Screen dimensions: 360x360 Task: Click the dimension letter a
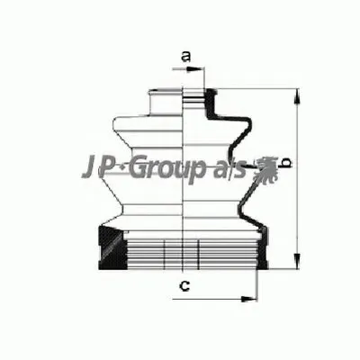click(x=185, y=58)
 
